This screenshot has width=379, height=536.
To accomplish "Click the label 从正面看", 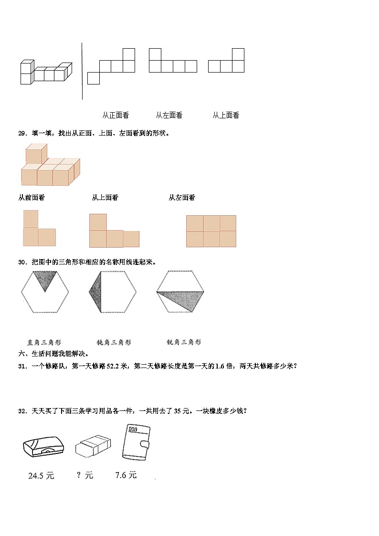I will coord(115,115).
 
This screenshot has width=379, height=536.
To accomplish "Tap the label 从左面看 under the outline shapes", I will coord(169,115).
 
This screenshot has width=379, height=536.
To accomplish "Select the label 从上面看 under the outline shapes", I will coord(226,115).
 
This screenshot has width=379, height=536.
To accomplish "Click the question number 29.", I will coord(22,133).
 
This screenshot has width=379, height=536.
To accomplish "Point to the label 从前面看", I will coord(32,198).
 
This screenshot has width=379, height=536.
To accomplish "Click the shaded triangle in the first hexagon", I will coord(45,279).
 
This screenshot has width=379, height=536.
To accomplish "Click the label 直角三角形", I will coord(44,342).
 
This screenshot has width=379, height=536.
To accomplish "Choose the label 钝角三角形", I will coord(114,342).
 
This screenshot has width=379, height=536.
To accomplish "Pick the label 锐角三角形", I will coord(184,342).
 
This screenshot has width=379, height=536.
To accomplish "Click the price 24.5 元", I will coord(41,475).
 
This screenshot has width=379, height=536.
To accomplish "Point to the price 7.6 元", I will coord(126,475).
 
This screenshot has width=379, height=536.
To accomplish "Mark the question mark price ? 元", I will coord(85,475).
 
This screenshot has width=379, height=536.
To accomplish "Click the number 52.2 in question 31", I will coord(111,366).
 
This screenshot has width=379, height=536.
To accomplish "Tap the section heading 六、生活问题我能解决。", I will coord(53,354).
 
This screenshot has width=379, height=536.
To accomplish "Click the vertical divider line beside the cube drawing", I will coord(82,72).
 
